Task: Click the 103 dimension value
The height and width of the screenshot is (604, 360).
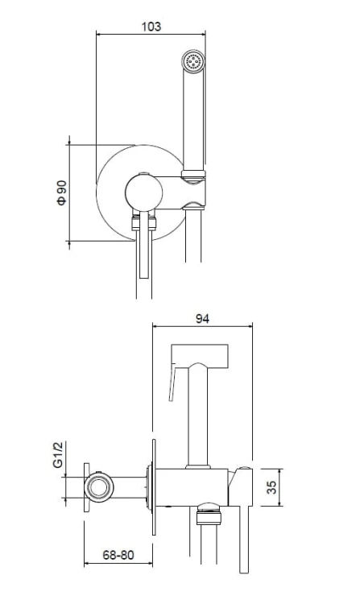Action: (x=151, y=27)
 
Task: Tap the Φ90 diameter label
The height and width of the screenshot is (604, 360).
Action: (x=61, y=192)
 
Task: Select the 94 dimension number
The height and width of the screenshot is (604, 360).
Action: (x=202, y=319)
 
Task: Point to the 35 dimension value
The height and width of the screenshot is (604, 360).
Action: (x=272, y=487)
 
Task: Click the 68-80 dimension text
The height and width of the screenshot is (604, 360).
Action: (x=118, y=555)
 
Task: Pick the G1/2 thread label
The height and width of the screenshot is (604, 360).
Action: (x=58, y=454)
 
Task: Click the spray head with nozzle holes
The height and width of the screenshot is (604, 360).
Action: (x=193, y=61)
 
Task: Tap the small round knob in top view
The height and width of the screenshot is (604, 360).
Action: (x=143, y=193)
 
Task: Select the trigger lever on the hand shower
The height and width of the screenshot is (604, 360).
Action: (x=172, y=383)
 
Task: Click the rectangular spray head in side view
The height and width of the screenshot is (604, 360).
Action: (x=200, y=356)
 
